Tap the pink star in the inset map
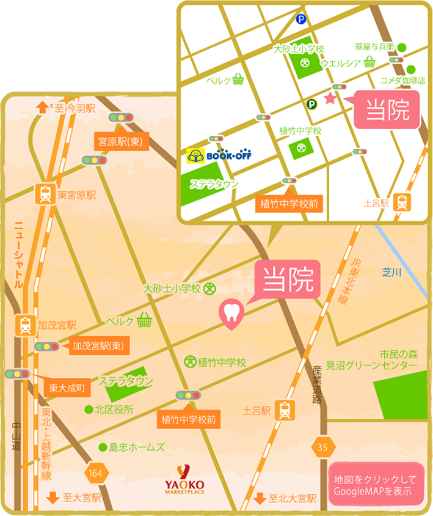(330, 98)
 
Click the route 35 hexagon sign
(322, 447)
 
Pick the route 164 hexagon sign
(95, 472)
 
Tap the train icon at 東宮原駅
(45, 195)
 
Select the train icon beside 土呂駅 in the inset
(402, 202)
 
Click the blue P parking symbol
(300, 20)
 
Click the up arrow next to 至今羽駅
(42, 108)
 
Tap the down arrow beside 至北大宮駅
(259, 498)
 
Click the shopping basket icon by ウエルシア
(369, 62)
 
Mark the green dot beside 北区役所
(89, 410)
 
